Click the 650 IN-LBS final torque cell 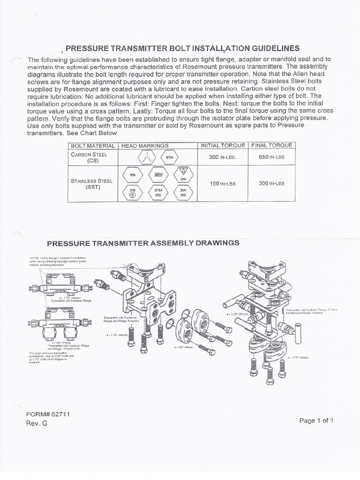click(x=271, y=157)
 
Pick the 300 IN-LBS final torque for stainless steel click(x=271, y=183)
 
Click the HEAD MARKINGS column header click(x=145, y=145)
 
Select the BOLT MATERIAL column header click(x=92, y=145)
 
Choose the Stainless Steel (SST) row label click(x=90, y=183)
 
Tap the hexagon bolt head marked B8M click(x=159, y=175)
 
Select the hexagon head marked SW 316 click(x=183, y=193)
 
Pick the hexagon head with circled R click(x=133, y=193)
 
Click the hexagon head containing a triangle click(x=184, y=174)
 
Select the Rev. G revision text click(x=37, y=423)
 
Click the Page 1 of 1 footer click(x=316, y=420)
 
